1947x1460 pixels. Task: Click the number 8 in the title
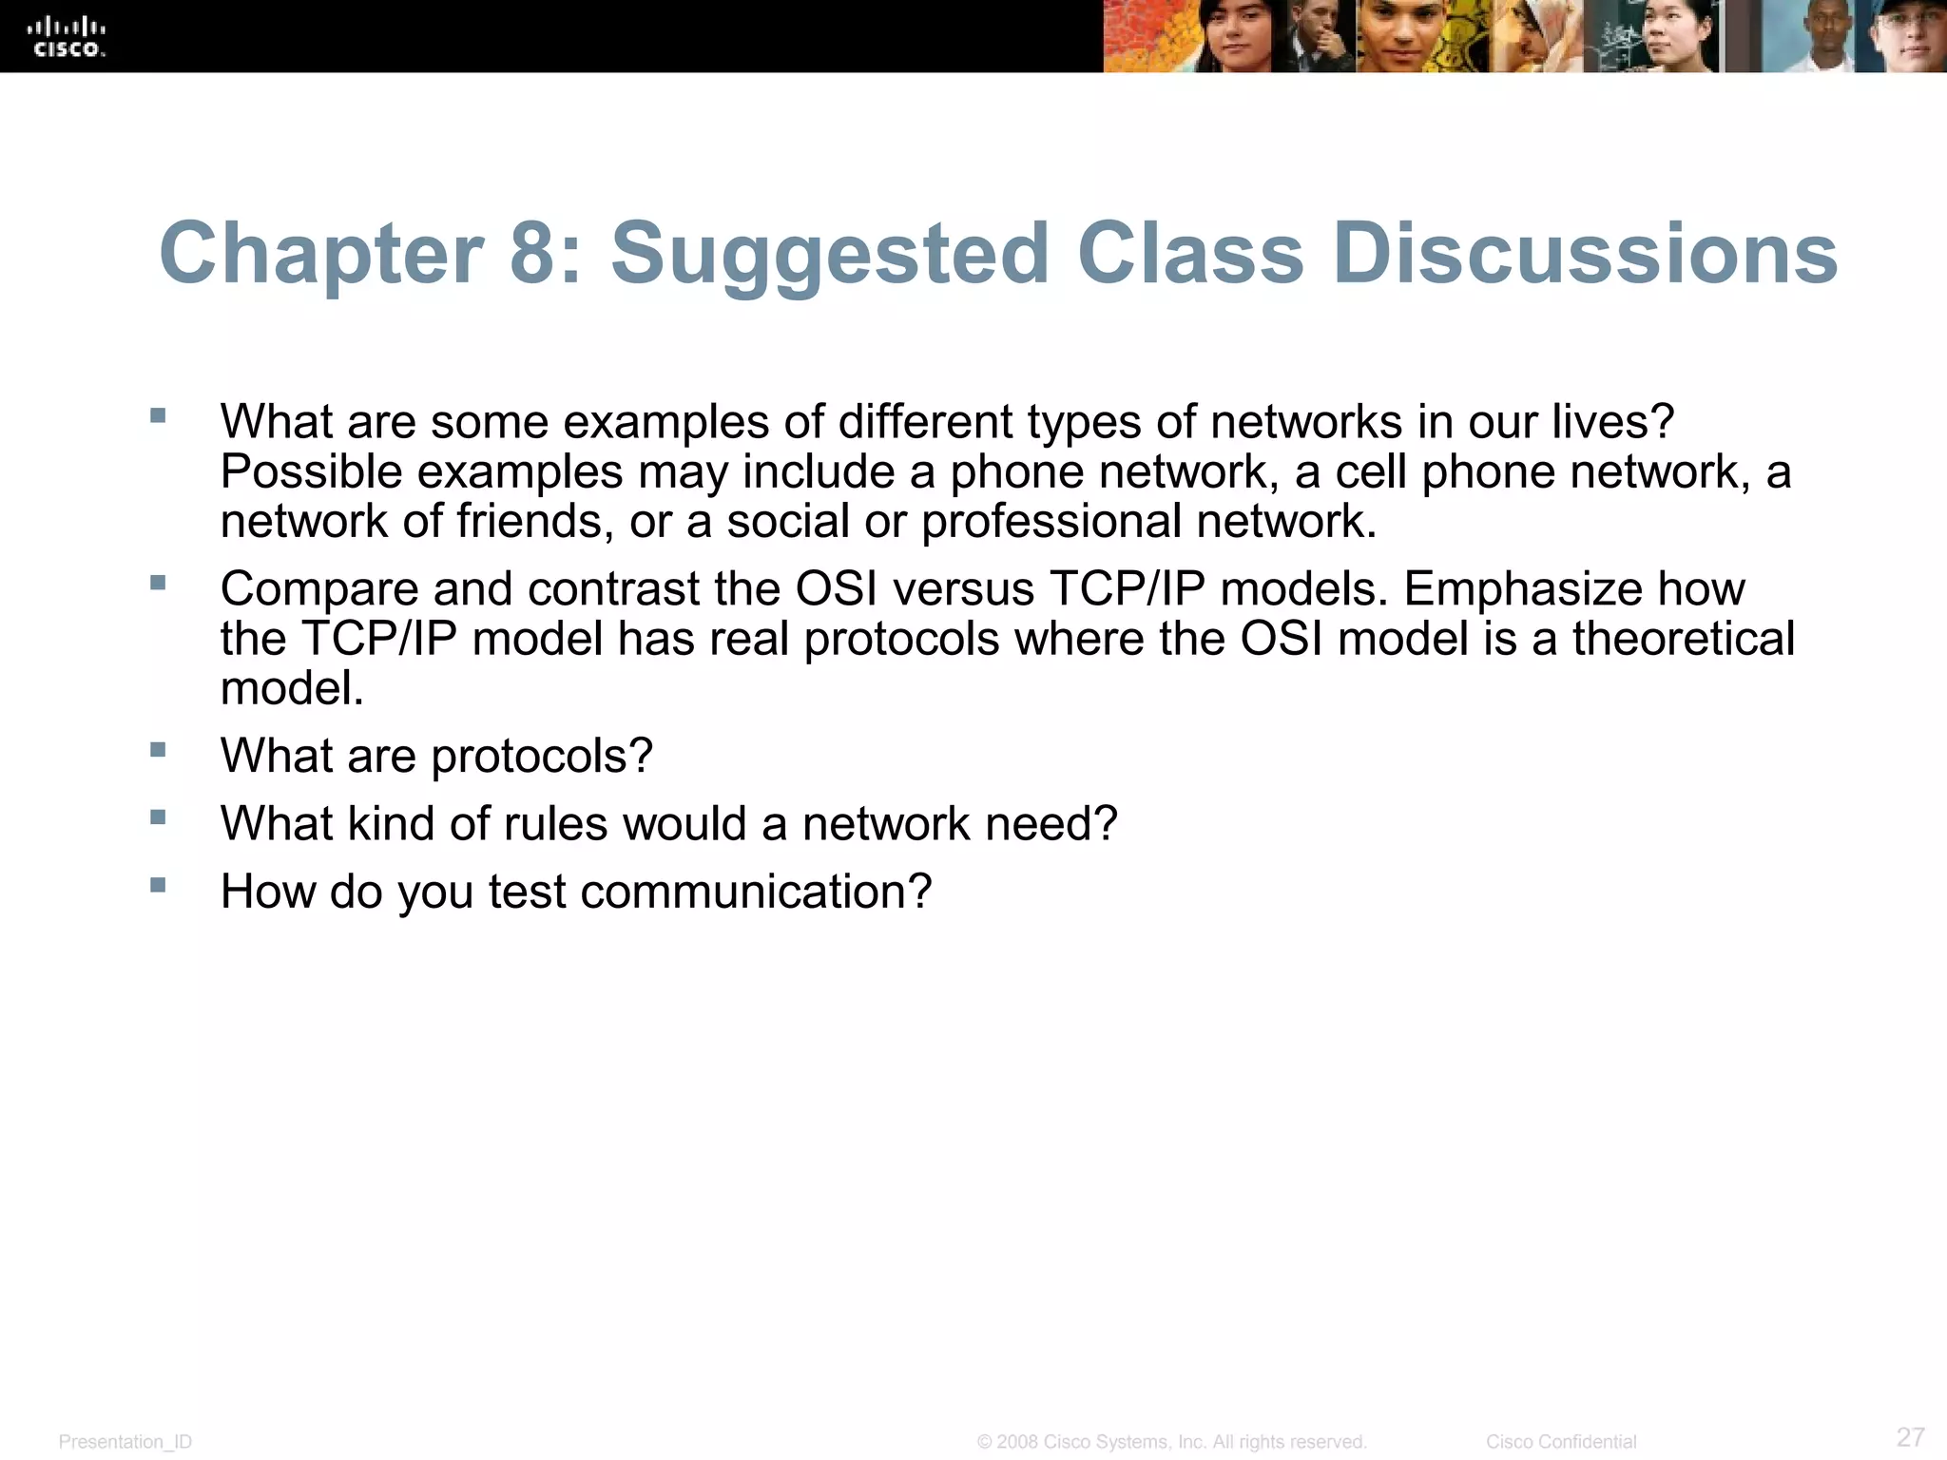coord(532,254)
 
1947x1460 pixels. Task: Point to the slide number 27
coord(1910,1436)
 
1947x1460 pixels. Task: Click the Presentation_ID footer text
coord(125,1442)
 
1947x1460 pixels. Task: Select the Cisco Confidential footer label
coord(1561,1442)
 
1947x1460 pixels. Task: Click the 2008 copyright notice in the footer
coord(1171,1442)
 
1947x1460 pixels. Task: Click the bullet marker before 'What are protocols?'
coord(158,750)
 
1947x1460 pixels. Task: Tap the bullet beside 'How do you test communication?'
coord(158,885)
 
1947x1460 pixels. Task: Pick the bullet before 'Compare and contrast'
coord(158,583)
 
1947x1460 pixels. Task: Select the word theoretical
coord(1683,639)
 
